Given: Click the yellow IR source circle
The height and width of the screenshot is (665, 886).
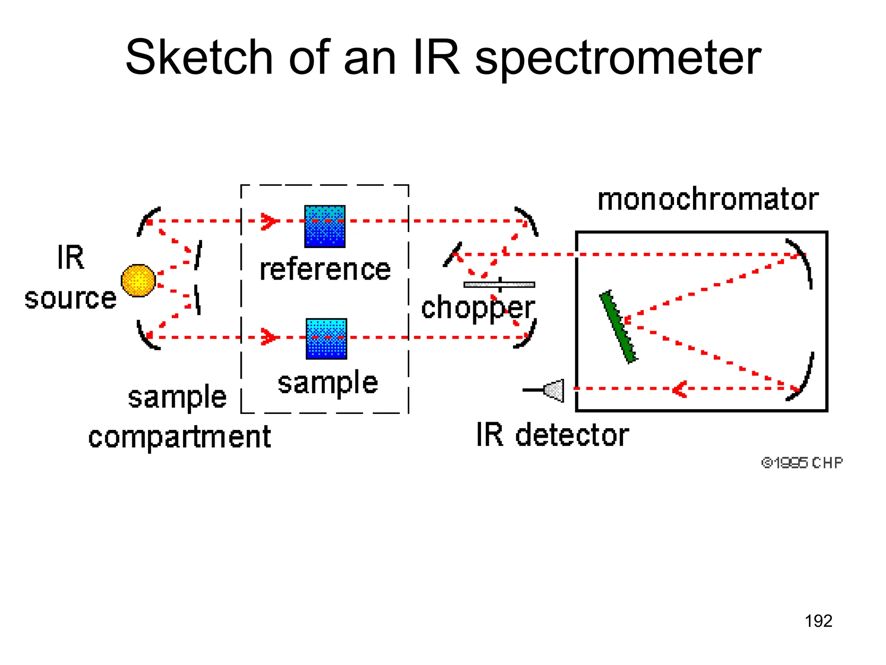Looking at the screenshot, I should [x=138, y=281].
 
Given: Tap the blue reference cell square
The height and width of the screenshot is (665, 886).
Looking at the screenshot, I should [x=324, y=226].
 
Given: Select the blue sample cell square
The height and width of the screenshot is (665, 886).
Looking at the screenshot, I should [x=326, y=339].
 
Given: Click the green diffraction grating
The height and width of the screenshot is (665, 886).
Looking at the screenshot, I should [x=618, y=327].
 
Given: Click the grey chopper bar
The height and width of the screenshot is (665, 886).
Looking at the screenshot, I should [x=499, y=284].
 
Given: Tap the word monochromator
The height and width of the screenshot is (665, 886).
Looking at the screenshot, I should [x=708, y=200].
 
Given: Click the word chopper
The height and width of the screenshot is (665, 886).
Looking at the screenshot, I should [x=478, y=308].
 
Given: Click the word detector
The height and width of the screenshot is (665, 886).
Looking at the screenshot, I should [x=572, y=435].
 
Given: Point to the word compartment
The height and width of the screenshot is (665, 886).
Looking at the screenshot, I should [x=180, y=437].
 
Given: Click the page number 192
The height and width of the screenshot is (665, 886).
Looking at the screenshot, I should [x=818, y=621].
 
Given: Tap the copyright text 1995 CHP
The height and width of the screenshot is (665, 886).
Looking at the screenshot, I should [x=802, y=463].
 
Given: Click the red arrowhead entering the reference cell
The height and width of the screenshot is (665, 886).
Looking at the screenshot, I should [x=269, y=221].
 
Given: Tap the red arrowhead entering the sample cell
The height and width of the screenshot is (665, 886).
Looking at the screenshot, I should [x=269, y=337].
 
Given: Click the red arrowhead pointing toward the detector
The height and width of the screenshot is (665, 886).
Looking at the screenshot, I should [x=680, y=389].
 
